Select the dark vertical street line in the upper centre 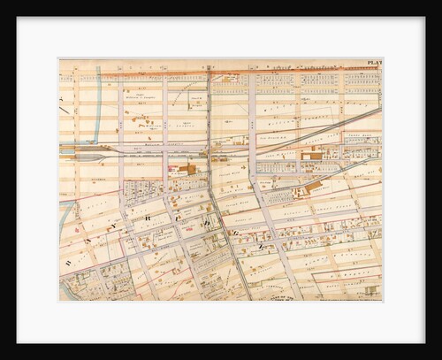coord(209,106)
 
